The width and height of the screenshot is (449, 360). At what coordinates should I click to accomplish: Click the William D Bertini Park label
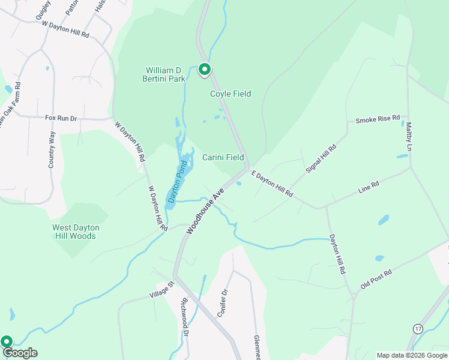tap(164, 74)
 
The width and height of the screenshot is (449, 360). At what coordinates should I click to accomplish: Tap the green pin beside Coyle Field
tap(204, 70)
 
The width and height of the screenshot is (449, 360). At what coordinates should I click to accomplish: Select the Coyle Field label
tap(231, 94)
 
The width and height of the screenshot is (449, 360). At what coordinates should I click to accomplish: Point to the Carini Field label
tap(223, 158)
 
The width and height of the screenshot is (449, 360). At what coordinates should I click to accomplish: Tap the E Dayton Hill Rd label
tap(272, 184)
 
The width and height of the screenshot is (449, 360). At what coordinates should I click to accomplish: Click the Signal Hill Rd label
tap(321, 158)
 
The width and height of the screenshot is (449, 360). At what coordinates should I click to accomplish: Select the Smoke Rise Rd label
tap(378, 120)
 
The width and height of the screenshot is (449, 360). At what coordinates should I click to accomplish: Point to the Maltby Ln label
tap(409, 137)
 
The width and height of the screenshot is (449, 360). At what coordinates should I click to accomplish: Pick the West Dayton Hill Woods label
tap(76, 232)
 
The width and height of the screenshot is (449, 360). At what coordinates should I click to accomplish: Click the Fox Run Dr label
tap(61, 118)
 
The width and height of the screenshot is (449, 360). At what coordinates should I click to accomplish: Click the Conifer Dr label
tap(221, 303)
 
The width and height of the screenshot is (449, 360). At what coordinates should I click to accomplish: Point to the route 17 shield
tap(418, 328)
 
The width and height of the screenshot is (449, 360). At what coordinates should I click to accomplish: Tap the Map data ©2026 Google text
tap(411, 355)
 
